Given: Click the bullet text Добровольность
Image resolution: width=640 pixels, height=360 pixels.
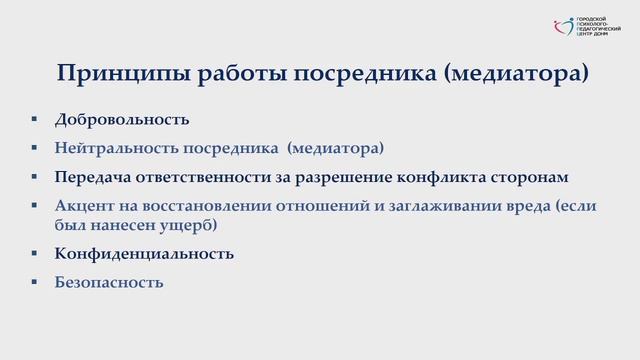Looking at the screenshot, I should (123, 119).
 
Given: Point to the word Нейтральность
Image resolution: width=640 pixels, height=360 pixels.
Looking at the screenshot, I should (117, 148).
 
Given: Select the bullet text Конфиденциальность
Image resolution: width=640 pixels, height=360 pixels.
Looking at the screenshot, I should (145, 253).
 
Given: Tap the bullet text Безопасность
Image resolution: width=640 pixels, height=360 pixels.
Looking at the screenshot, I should (109, 282).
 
